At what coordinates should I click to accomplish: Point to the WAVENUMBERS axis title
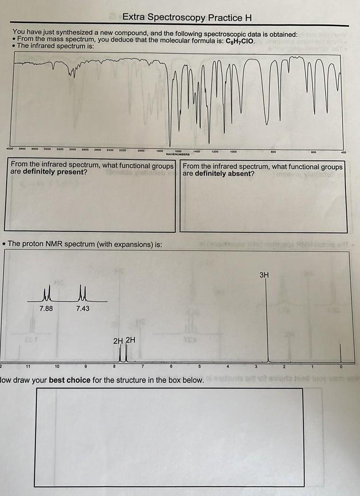pos(178,155)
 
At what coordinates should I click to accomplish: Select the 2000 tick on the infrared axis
pos(140,151)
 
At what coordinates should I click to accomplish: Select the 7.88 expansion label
pos(46,308)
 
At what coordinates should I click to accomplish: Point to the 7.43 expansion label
pos(83,308)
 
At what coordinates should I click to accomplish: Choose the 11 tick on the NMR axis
pos(27,366)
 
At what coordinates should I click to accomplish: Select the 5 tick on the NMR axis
pos(200,366)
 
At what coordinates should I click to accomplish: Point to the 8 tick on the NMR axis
pos(114,366)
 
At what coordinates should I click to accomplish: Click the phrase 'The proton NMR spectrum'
pos(48,244)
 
